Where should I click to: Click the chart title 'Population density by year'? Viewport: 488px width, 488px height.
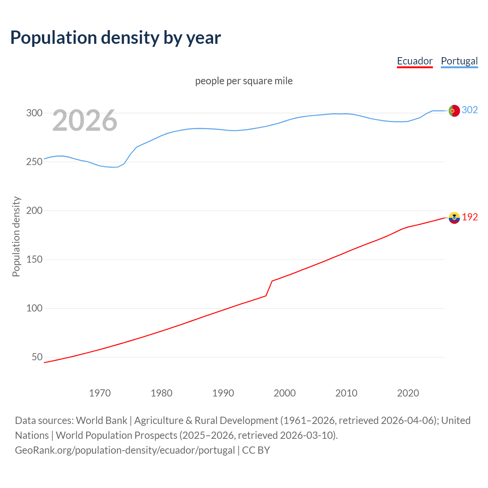116,38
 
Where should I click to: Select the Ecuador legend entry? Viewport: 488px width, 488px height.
414,61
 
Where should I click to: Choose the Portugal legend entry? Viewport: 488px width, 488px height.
459,61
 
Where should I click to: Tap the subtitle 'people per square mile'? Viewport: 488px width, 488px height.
244,81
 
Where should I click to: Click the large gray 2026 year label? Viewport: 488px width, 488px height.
85,121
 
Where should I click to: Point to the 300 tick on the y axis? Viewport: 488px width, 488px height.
34,113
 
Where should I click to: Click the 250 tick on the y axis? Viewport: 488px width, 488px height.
34,162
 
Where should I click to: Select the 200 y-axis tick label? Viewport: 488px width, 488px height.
34,210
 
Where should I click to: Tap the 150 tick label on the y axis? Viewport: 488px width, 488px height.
34,259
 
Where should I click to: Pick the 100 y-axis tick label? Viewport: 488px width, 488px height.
34,308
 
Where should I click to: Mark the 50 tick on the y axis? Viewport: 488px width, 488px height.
37,357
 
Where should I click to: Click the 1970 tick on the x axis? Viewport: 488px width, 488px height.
100,393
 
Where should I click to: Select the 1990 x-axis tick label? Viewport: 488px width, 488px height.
223,393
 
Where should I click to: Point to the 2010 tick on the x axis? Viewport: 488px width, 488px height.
346,393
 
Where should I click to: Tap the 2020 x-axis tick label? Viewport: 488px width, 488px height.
408,393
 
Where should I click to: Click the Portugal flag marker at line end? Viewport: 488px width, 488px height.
454,111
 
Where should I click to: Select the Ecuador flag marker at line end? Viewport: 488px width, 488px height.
454,218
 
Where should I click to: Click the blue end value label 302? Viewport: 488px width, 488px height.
470,110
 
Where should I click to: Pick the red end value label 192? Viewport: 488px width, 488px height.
470,217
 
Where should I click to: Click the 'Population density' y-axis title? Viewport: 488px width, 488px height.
16,236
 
